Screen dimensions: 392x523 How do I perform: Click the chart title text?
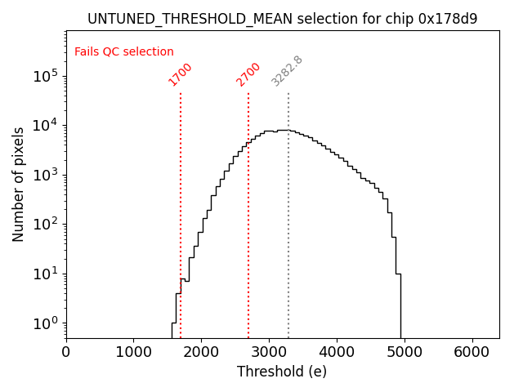[x=282, y=18]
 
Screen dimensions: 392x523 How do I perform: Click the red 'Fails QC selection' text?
[x=124, y=52]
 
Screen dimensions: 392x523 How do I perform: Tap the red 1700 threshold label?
[x=181, y=74]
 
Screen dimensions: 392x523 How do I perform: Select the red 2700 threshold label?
[x=248, y=74]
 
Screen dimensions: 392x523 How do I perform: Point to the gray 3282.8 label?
[x=288, y=71]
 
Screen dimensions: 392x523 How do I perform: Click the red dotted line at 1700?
[x=181, y=204]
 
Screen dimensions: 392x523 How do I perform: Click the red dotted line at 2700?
[x=248, y=204]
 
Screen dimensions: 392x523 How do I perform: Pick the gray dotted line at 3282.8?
[x=288, y=204]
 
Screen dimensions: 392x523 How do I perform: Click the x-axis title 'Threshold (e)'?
[x=282, y=372]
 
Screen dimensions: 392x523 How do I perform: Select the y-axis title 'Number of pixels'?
[x=18, y=184]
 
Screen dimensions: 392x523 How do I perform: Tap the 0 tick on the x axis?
[x=66, y=352]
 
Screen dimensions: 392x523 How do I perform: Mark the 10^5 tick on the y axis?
[x=44, y=76]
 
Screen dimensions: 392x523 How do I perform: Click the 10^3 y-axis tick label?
[x=44, y=175]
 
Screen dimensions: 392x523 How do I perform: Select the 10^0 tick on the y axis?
[x=44, y=323]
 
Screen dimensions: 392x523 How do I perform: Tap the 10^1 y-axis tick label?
[x=44, y=274]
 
